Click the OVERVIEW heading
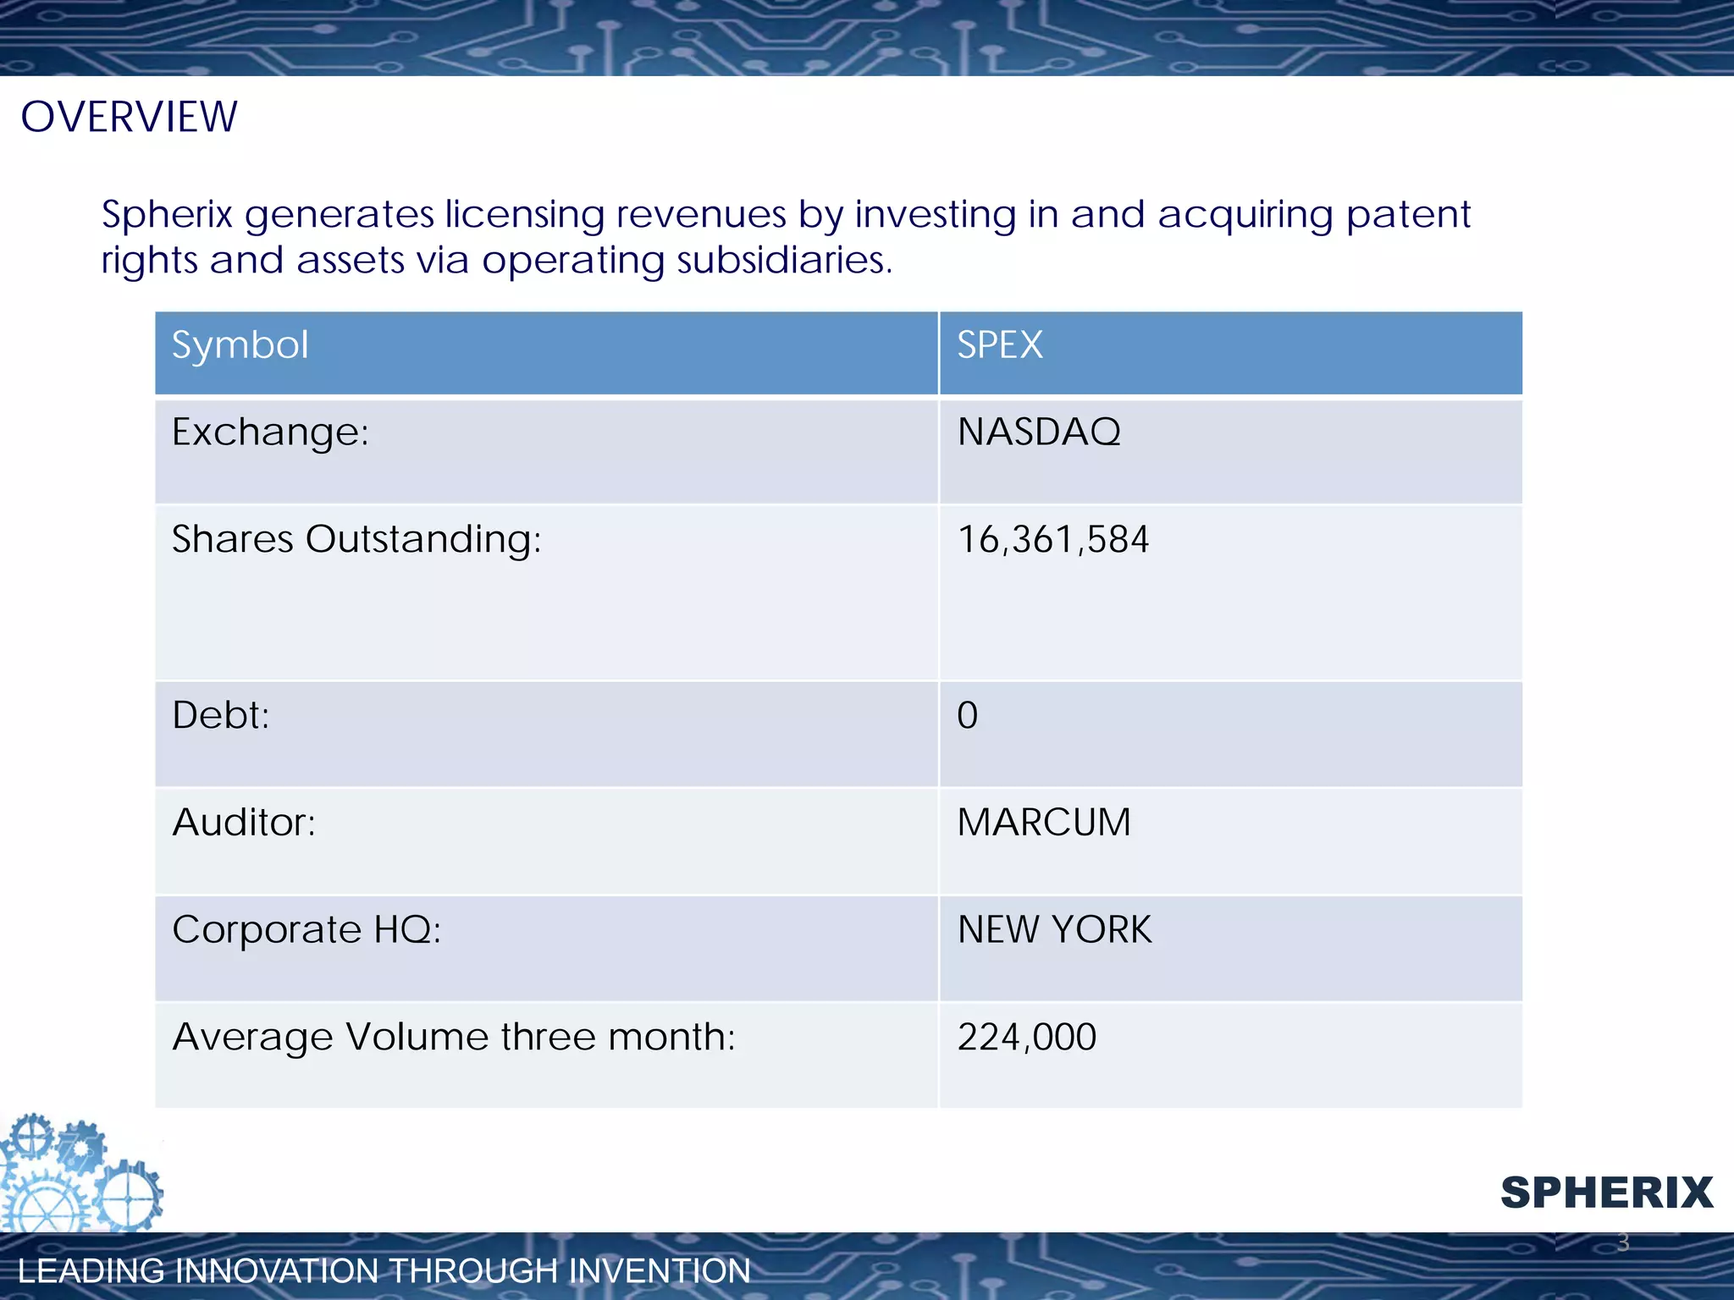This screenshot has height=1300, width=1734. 129,117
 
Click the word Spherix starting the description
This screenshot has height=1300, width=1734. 167,214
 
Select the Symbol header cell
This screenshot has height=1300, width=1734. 240,345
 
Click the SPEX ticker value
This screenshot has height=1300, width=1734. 999,345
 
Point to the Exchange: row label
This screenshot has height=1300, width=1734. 270,432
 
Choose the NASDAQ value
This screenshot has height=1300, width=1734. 1038,432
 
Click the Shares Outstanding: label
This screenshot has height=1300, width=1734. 356,539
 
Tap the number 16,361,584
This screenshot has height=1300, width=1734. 1052,540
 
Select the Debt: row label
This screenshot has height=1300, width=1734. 220,715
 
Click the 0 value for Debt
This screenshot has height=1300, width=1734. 967,716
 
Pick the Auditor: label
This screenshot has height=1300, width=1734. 244,823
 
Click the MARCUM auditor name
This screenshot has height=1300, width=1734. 1043,823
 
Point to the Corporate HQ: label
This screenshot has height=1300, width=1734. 306,930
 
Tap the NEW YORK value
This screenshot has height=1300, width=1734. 1054,930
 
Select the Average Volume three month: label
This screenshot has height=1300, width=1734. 454,1038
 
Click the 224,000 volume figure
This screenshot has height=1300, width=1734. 1026,1038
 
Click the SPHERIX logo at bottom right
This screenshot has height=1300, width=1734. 1606,1193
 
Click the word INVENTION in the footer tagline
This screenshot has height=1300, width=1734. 659,1271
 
